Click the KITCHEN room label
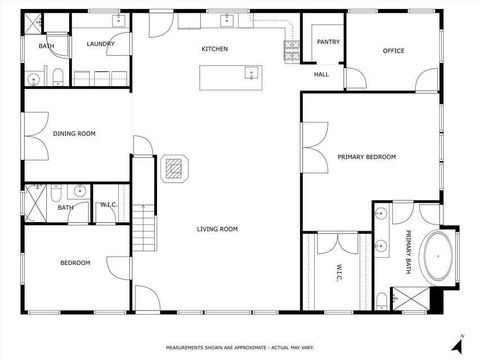(214, 49)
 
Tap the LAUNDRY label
(100, 44)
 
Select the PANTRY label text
(328, 42)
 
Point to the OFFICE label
(393, 51)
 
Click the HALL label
(321, 74)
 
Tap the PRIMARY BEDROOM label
(366, 157)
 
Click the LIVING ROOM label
(216, 229)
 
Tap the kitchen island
(230, 77)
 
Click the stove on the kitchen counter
(293, 47)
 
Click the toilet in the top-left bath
(58, 76)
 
